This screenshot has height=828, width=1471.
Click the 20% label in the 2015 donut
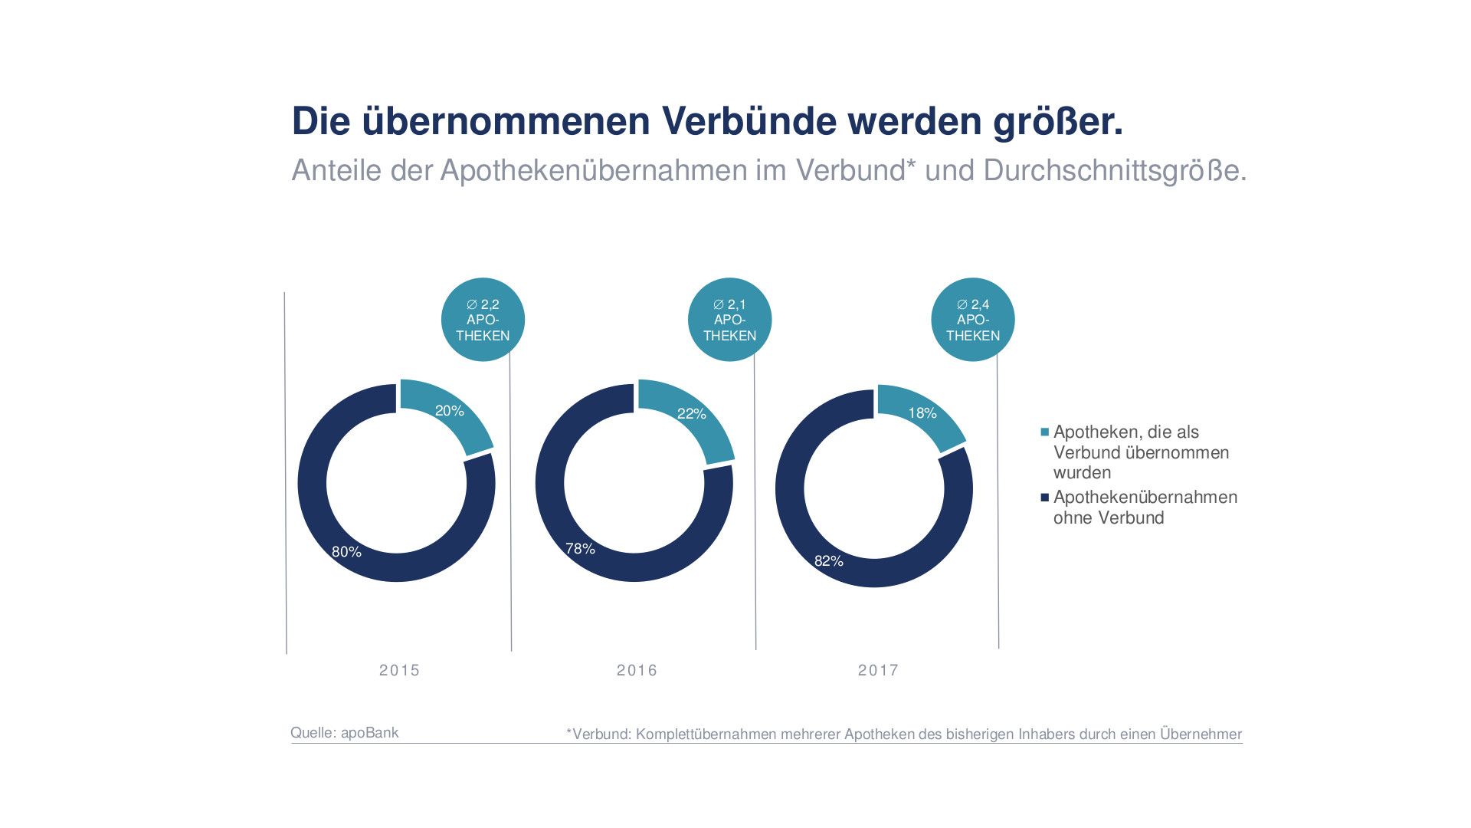coord(450,411)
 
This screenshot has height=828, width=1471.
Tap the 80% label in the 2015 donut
coord(346,552)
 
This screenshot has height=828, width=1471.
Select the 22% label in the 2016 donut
coord(691,414)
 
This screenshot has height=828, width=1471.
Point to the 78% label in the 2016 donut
coord(580,549)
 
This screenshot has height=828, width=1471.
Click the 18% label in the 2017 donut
coord(922,413)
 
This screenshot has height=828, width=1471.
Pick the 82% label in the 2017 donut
coord(828,561)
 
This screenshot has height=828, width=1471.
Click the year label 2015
coord(399,671)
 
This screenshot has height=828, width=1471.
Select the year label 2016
coord(637,671)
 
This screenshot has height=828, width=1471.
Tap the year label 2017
coord(878,671)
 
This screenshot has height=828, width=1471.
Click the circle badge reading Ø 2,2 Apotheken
coord(483,320)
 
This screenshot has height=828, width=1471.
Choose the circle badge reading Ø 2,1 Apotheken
coord(729,320)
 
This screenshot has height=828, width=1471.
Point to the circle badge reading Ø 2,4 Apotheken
coord(973,320)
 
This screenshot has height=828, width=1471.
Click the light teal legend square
coord(1044,432)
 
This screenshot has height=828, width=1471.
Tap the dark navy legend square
coord(1044,498)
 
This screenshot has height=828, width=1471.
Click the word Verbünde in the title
coord(749,121)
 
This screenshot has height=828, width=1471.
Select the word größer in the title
coord(1057,121)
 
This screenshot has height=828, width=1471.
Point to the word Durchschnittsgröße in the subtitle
coord(1114,170)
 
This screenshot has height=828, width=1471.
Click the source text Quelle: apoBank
coord(344,733)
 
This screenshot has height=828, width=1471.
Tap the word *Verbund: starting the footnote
coord(598,734)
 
